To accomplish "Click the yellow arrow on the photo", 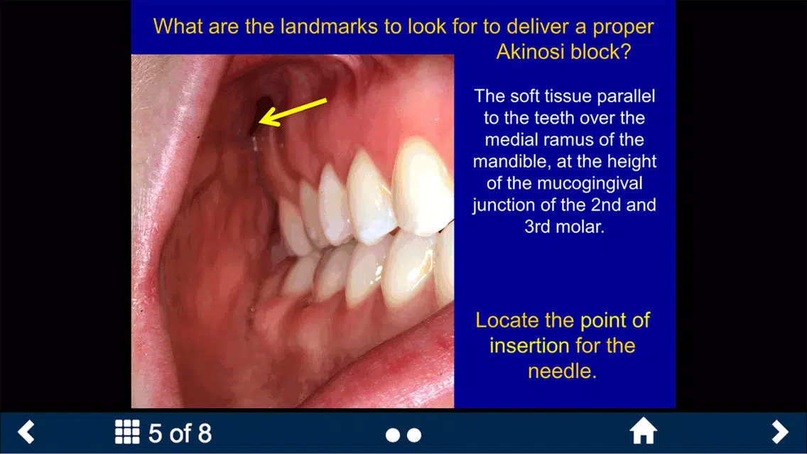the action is pos(293,112).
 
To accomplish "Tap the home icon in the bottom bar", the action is pos(644,431).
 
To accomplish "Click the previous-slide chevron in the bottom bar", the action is pos(26,432).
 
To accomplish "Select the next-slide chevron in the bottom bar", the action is pos(780,432).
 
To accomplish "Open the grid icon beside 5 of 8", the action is pos(127,432).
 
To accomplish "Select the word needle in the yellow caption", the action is pos(562,371).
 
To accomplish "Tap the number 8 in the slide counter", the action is pos(205,433).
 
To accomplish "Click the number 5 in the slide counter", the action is pos(155,433).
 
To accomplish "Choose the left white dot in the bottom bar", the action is pos(393,436).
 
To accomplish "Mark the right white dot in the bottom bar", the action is pos(414,436).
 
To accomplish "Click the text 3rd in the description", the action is pos(537,227).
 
